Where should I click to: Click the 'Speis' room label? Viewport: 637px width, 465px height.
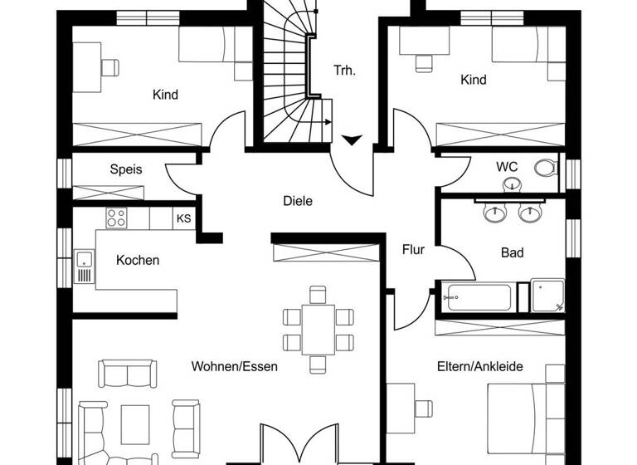(x=126, y=169)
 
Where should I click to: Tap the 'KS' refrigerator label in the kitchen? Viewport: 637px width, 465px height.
(x=183, y=219)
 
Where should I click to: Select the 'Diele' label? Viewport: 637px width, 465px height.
(x=298, y=200)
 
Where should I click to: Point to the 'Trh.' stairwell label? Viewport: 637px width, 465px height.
(x=344, y=71)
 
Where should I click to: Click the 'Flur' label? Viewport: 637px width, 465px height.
(x=414, y=249)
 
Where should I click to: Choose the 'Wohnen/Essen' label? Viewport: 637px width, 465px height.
(x=235, y=366)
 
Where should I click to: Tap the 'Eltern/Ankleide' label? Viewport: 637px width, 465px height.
(x=480, y=366)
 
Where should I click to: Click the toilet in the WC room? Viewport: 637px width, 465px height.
(x=545, y=169)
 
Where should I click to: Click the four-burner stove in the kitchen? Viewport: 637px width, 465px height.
(x=115, y=219)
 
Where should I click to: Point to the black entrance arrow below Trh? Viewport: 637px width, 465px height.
(x=352, y=139)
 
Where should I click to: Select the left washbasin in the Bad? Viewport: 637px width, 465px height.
(x=494, y=213)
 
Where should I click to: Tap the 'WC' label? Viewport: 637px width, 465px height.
(x=507, y=167)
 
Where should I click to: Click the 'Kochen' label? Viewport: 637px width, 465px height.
(x=138, y=261)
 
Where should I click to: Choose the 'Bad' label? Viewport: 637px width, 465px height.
(x=512, y=252)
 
